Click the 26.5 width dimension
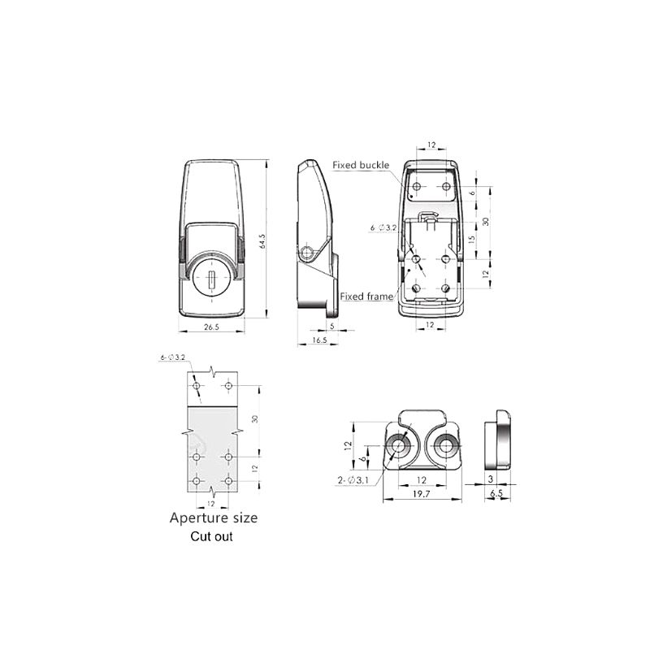211,327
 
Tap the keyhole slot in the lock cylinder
211,281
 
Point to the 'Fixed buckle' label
361,165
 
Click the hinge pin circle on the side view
306,253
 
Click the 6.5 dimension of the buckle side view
497,492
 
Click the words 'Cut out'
211,537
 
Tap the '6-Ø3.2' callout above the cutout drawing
173,357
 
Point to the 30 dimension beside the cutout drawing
254,418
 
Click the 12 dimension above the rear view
431,145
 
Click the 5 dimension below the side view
332,326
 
